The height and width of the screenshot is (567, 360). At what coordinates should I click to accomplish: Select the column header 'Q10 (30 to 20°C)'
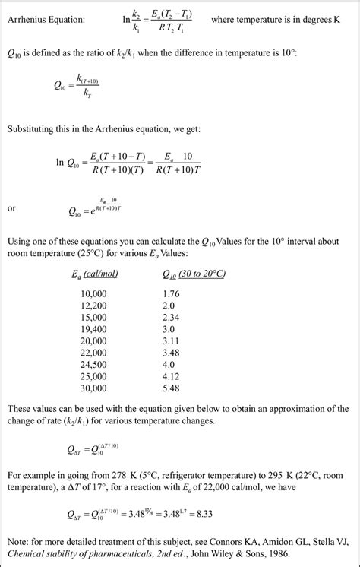coord(194,274)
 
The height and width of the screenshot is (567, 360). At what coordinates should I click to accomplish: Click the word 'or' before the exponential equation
coord(11,207)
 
